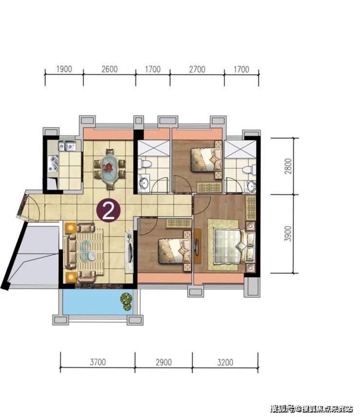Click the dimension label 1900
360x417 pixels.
(x=64, y=69)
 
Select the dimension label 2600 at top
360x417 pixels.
(x=109, y=69)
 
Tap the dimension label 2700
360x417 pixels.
(x=198, y=70)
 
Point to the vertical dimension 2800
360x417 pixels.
(x=288, y=166)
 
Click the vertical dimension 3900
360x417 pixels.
(x=288, y=234)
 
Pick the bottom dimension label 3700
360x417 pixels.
(x=98, y=362)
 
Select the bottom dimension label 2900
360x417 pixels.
(x=164, y=362)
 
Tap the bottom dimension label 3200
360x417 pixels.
(x=225, y=362)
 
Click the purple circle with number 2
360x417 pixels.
(x=108, y=210)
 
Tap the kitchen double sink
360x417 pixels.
(x=67, y=146)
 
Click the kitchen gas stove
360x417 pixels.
(x=54, y=164)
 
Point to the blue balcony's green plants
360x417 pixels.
(x=127, y=302)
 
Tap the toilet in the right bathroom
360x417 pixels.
(x=249, y=170)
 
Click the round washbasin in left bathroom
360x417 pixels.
(x=144, y=182)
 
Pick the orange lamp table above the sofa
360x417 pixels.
(x=71, y=228)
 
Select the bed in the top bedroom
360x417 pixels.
(x=207, y=160)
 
